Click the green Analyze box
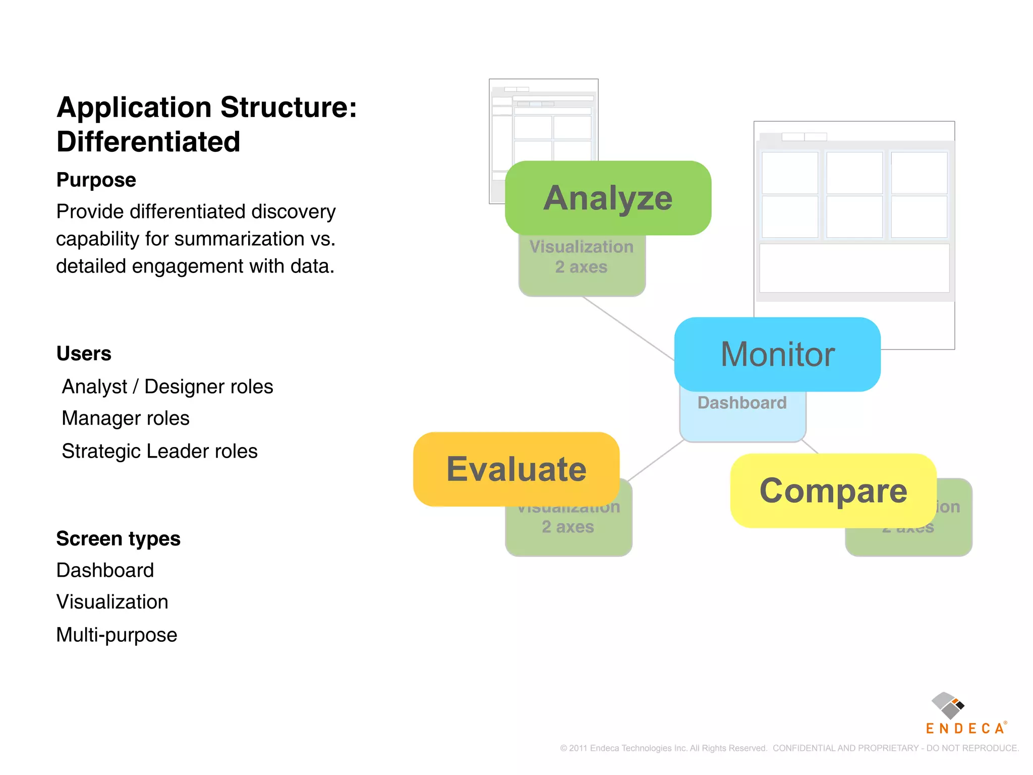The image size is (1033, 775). coord(608,198)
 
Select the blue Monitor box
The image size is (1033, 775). coord(777,354)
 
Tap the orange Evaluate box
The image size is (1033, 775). coord(516,469)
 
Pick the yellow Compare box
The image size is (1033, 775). coord(833,490)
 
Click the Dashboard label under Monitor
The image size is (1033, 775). coord(742,403)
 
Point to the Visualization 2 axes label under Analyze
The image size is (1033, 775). coord(582,257)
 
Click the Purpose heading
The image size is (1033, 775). coord(96,180)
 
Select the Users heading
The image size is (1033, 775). coord(84,354)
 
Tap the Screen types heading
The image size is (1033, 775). coord(119,539)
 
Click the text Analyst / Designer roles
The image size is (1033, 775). coord(167,386)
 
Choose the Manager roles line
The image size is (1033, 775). coord(126,418)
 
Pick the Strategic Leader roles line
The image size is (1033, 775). coord(159,451)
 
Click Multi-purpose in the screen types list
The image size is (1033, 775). coord(117,635)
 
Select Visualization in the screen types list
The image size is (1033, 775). coord(112,602)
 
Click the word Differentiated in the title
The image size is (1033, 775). coord(148,142)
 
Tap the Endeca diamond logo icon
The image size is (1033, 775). coord(947,705)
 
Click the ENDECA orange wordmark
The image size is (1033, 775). coord(965,729)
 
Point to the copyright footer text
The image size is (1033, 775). coord(789,748)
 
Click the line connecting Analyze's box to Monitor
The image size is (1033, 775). coord(628,328)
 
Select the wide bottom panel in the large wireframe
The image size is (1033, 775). coord(854,268)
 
